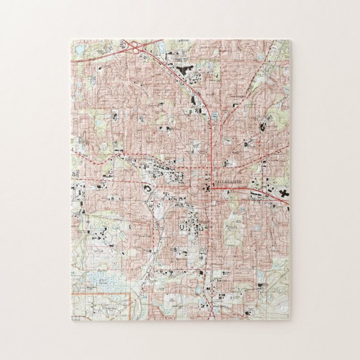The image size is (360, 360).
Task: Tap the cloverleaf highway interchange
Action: (x=136, y=48)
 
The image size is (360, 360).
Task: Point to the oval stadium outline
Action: (x=147, y=189)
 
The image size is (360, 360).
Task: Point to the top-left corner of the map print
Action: (x=71, y=40)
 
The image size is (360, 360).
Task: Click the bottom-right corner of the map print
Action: (x=290, y=320)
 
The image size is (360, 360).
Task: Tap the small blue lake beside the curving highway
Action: (x=215, y=117)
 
